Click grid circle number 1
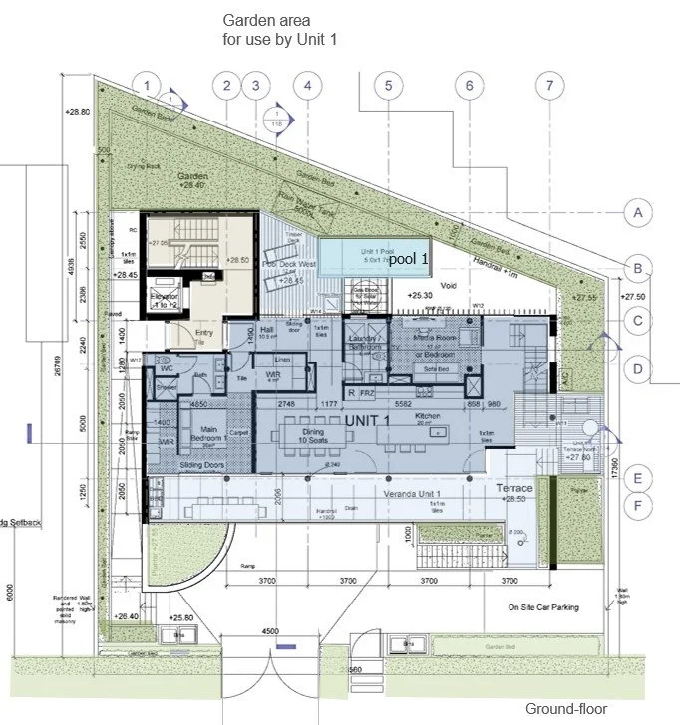click(149, 85)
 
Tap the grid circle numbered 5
click(388, 85)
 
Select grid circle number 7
click(547, 85)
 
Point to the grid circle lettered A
click(635, 211)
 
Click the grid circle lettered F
click(641, 505)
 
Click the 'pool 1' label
click(409, 259)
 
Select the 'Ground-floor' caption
click(565, 709)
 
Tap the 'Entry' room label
click(204, 334)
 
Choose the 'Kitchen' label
click(428, 416)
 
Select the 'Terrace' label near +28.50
click(514, 489)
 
